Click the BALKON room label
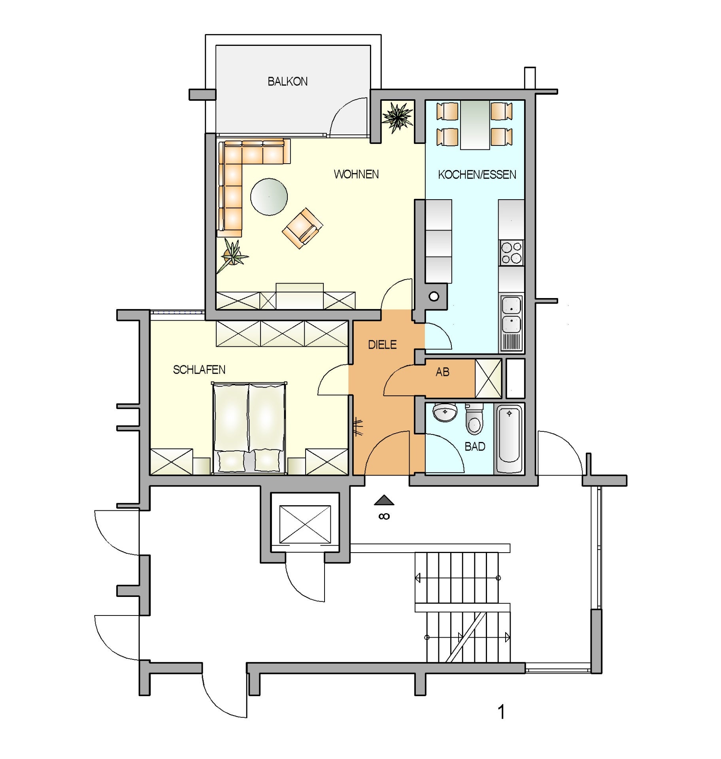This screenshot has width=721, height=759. point(287,81)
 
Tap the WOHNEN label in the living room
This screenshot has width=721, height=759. point(356,174)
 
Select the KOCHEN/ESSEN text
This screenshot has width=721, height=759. point(477,175)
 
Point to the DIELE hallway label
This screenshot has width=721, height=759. point(382,345)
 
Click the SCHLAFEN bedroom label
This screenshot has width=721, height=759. point(199,370)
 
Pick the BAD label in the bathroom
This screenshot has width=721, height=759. point(475,446)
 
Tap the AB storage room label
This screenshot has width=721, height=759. point(442,372)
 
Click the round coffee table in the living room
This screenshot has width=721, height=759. point(269,197)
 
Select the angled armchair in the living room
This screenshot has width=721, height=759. point(302,228)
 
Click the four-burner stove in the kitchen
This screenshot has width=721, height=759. point(511,253)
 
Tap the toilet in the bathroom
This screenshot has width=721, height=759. point(474,419)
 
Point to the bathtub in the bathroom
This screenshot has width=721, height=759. point(509,439)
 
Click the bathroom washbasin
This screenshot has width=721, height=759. point(445,412)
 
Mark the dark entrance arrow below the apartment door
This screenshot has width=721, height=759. point(384,500)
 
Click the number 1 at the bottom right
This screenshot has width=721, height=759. point(501,712)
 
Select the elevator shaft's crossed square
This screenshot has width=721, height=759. point(305,524)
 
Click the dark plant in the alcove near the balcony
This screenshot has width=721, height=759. point(398,117)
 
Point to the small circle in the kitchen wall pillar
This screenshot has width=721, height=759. point(434,296)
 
